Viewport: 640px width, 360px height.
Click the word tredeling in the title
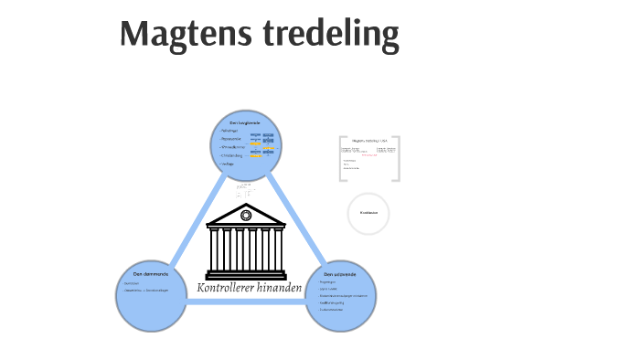[332, 34]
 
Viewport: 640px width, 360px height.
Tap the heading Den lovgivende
[245, 122]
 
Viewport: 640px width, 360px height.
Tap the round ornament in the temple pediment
[245, 216]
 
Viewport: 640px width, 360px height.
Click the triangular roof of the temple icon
[245, 217]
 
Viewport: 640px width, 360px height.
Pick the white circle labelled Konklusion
[368, 213]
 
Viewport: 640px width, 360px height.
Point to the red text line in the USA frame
[369, 154]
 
